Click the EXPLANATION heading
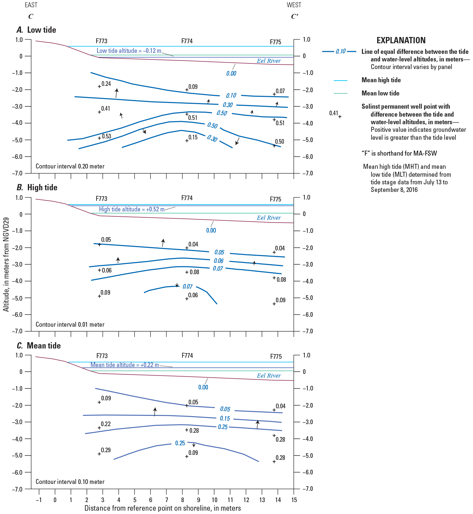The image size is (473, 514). click(x=401, y=41)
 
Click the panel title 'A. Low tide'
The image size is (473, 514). click(x=36, y=30)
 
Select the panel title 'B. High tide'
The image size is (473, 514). click(x=37, y=188)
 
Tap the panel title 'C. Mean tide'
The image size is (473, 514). click(x=39, y=346)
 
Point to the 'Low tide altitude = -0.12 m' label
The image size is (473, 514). click(x=129, y=51)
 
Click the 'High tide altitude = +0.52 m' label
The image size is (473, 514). click(x=132, y=209)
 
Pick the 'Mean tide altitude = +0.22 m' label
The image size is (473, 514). click(x=125, y=365)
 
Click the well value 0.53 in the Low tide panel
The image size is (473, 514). click(x=106, y=136)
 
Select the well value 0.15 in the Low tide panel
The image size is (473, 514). click(x=193, y=137)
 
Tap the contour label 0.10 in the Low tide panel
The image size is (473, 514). click(x=231, y=96)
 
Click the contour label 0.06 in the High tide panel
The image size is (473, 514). click(x=218, y=261)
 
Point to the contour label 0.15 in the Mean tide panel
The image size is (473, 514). click(x=225, y=419)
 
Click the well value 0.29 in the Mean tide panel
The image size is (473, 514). click(x=106, y=450)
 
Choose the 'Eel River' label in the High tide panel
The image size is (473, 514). click(x=269, y=218)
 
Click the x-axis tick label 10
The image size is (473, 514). click(x=215, y=500)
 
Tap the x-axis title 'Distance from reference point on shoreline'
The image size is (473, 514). click(x=163, y=508)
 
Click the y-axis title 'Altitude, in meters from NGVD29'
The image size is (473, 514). click(x=6, y=264)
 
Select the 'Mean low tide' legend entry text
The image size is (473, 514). click(x=380, y=93)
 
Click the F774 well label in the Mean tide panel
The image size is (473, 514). click(x=187, y=356)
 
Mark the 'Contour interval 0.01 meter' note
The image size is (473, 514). click(x=70, y=325)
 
